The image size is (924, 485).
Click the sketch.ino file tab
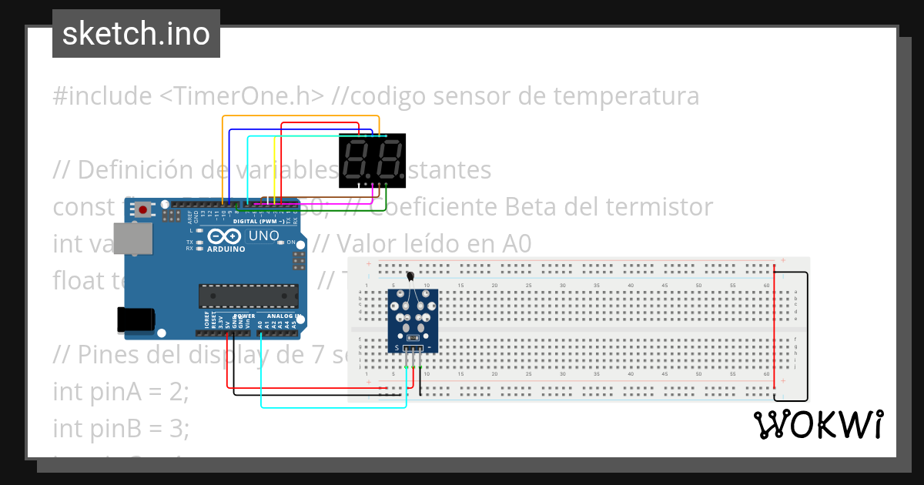coord(136,34)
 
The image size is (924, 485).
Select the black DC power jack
coord(135,320)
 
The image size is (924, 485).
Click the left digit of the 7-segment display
coord(358,159)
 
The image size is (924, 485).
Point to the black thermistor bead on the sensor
coord(410,278)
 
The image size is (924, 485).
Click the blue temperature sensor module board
coord(413,320)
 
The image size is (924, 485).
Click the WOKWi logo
coord(818,425)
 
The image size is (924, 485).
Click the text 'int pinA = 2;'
coord(120,391)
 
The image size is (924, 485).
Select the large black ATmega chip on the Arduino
coord(248,296)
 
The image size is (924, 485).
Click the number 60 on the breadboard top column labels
coord(766,286)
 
